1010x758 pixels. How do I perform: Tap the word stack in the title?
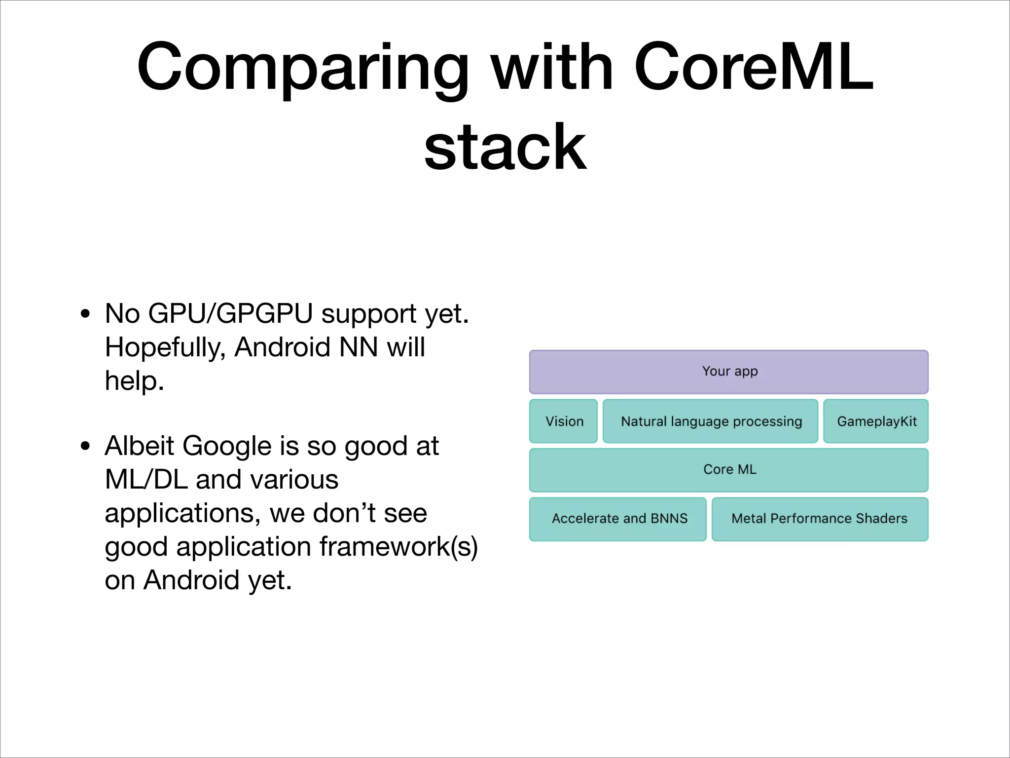pyautogui.click(x=505, y=147)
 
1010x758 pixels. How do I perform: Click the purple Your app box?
pyautogui.click(x=728, y=372)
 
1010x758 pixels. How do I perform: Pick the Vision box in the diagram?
pyautogui.click(x=564, y=421)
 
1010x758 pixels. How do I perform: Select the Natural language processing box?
pyautogui.click(x=711, y=421)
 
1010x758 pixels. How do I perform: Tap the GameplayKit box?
pyautogui.click(x=876, y=421)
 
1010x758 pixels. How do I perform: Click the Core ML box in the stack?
pyautogui.click(x=728, y=470)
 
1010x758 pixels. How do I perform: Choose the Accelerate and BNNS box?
pyautogui.click(x=618, y=519)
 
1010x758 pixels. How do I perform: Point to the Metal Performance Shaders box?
pyautogui.click(x=820, y=519)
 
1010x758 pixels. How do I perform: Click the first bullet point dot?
pyautogui.click(x=85, y=314)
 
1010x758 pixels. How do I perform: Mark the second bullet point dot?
pyautogui.click(x=85, y=446)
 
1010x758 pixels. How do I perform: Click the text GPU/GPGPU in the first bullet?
pyautogui.click(x=230, y=314)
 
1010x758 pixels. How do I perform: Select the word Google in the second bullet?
pyautogui.click(x=227, y=446)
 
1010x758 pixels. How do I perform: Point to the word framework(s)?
pyautogui.click(x=398, y=547)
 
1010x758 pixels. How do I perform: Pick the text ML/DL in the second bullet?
pyautogui.click(x=146, y=480)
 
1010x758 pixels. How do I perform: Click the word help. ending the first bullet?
pyautogui.click(x=134, y=381)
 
